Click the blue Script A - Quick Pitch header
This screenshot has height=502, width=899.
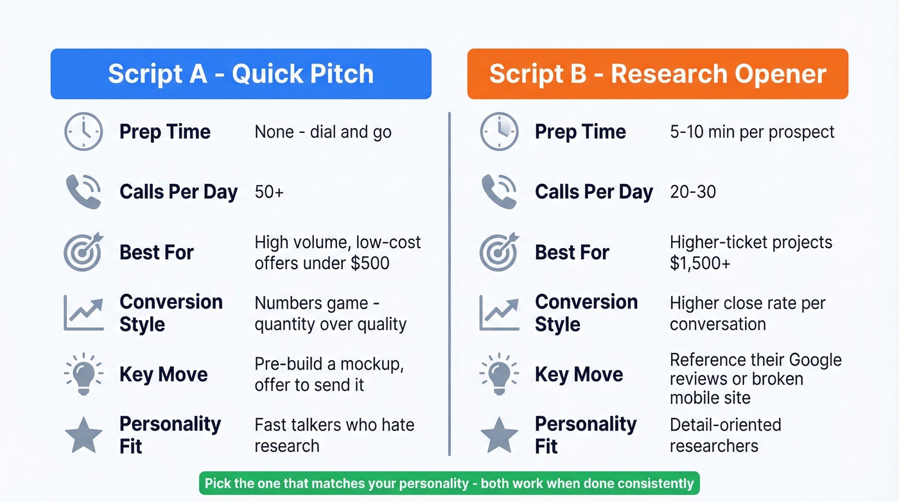click(x=241, y=74)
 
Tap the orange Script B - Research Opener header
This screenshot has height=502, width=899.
click(x=658, y=74)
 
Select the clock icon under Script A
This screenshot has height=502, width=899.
click(x=83, y=132)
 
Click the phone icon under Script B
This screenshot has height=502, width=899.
click(x=499, y=192)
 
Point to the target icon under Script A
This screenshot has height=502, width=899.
click(x=83, y=252)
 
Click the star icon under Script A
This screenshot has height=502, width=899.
click(x=83, y=435)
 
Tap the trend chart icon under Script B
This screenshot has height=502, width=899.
click(x=499, y=313)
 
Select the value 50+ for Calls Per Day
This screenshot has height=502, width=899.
click(x=269, y=192)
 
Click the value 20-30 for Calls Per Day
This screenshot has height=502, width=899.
click(x=693, y=192)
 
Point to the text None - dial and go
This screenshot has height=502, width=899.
click(x=323, y=132)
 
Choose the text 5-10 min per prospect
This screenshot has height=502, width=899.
click(x=752, y=132)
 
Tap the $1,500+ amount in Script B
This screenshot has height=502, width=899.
click(x=700, y=264)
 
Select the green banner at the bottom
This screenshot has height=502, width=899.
click(x=449, y=483)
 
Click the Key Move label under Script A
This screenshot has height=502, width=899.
click(x=164, y=374)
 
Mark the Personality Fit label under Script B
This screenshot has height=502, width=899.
click(x=586, y=435)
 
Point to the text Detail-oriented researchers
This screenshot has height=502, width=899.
click(x=725, y=435)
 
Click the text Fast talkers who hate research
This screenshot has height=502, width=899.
click(x=334, y=435)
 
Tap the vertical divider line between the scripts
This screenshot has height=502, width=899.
click(x=449, y=283)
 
